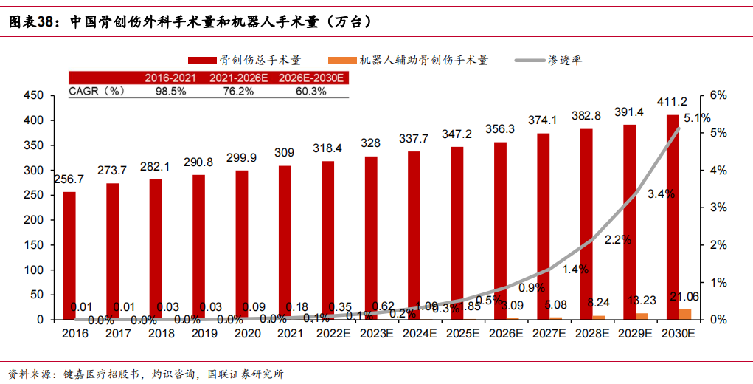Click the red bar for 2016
69,256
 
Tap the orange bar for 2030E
685,314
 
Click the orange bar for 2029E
642,316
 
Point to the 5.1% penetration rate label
697,118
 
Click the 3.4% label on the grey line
661,193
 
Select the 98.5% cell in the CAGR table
170,92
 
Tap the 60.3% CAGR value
310,92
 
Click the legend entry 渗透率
565,60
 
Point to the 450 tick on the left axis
35,95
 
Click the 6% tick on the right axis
718,95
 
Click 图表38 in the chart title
32,22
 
